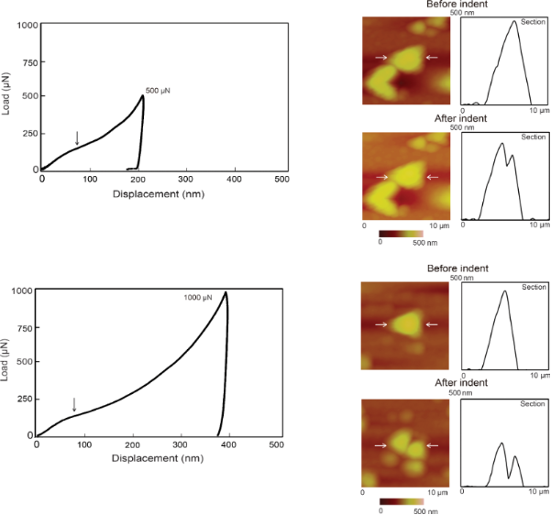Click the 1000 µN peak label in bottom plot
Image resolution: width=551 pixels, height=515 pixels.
tap(200, 298)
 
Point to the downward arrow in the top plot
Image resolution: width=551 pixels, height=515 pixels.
tap(77, 138)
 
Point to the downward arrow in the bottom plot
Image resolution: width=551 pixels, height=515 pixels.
tap(74, 404)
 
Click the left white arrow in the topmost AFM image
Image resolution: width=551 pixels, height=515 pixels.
tap(380, 58)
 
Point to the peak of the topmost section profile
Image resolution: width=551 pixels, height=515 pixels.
tap(514, 21)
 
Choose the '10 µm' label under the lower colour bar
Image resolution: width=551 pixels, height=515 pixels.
tap(437, 493)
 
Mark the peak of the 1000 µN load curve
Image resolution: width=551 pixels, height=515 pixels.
tap(226, 293)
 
